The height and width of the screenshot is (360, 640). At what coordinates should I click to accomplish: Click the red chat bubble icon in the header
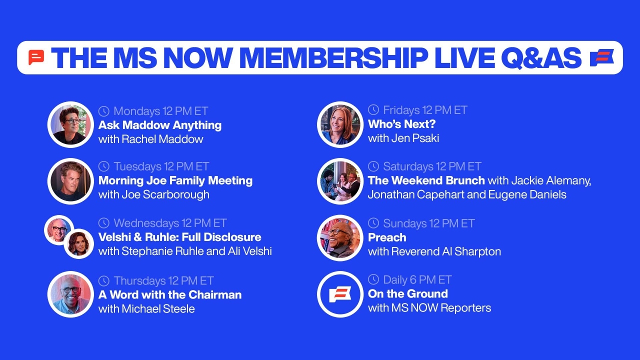[36, 57]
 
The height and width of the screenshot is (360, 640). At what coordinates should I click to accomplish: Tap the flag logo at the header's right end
[601, 57]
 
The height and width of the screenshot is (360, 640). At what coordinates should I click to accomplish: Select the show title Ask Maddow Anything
[160, 125]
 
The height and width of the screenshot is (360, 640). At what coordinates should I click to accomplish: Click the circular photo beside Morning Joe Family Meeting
[70, 181]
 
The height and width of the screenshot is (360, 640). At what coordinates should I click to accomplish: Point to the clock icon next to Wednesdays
[104, 223]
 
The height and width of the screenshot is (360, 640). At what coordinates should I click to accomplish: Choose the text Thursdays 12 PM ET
[163, 280]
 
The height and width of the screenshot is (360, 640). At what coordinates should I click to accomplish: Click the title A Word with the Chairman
[170, 294]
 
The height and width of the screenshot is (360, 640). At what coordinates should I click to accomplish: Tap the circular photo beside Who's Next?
[340, 124]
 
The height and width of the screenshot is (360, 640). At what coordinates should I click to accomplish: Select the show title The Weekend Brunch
[426, 180]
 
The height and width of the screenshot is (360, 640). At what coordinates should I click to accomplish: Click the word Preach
[387, 237]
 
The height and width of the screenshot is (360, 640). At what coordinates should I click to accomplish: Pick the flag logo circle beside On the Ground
[340, 294]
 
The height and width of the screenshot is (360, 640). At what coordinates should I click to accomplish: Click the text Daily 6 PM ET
[417, 279]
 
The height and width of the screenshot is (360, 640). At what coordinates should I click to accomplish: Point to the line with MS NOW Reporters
[429, 307]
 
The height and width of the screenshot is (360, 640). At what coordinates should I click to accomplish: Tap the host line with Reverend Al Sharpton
[434, 251]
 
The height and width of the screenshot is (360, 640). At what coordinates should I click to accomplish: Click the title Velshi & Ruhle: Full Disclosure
[179, 237]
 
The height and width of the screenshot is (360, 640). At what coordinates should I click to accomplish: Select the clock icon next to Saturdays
[373, 166]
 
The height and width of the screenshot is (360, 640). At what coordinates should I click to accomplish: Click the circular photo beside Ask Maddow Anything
[70, 124]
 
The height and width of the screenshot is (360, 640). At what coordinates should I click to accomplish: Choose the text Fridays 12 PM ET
[425, 110]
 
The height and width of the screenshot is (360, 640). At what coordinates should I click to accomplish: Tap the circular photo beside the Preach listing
[340, 237]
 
